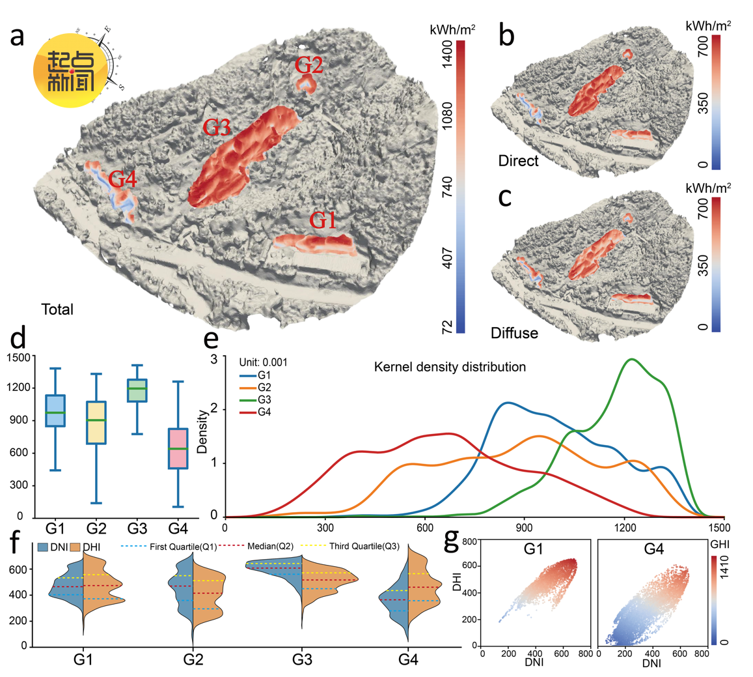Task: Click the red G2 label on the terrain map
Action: point(308,65)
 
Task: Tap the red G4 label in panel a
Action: point(122,179)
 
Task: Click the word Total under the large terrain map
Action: point(57,310)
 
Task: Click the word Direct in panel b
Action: point(519,160)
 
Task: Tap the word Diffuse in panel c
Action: point(514,333)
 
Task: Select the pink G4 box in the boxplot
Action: point(178,448)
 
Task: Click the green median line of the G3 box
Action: point(137,389)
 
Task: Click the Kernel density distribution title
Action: point(450,367)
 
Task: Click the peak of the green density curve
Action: point(631,359)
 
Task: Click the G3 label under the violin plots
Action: point(301,660)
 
